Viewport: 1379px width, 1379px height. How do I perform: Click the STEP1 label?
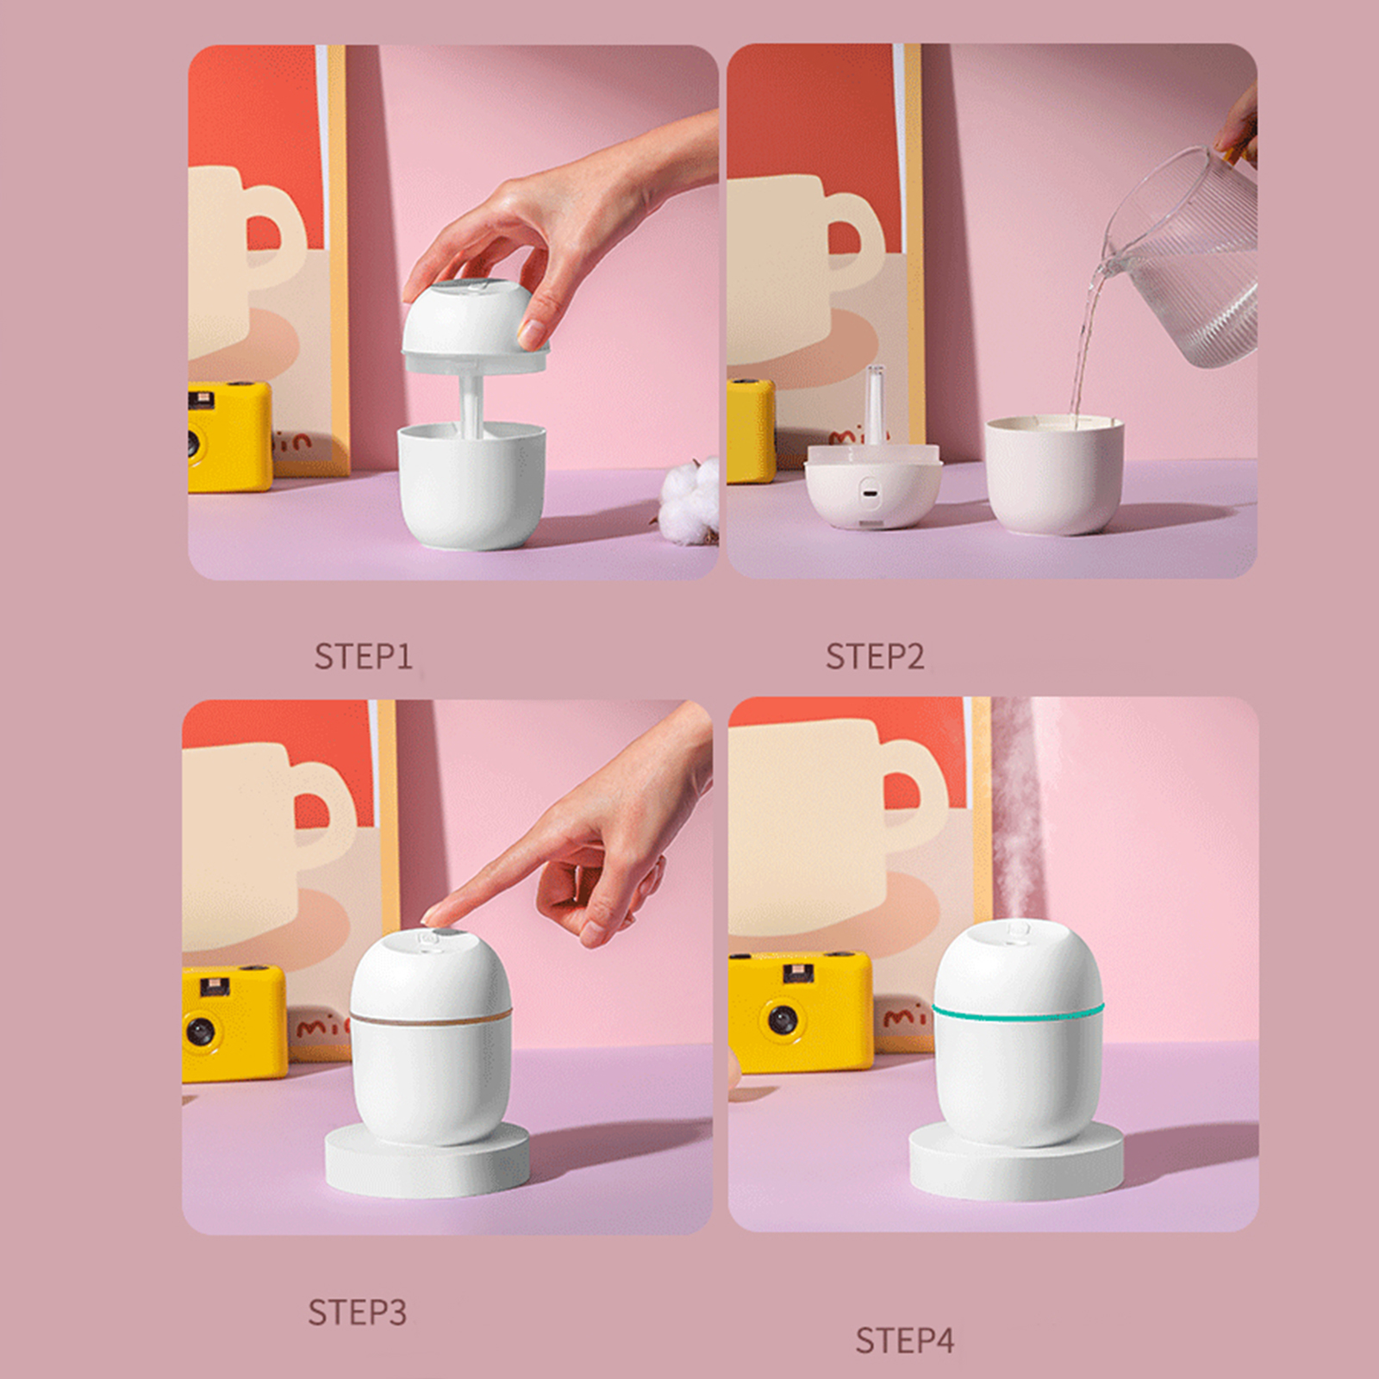tap(363, 657)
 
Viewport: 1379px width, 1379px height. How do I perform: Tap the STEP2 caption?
tap(875, 657)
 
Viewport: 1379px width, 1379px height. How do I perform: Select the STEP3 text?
tap(357, 1313)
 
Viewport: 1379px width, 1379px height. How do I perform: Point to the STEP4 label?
tap(905, 1340)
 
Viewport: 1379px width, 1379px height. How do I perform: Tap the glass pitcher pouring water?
tap(1185, 259)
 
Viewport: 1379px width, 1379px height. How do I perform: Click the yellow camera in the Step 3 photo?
tap(234, 1021)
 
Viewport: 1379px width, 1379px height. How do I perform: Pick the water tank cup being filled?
tap(1054, 474)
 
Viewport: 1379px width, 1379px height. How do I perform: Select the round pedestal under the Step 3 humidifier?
tap(427, 1164)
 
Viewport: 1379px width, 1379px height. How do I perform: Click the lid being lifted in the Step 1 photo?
tap(476, 328)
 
